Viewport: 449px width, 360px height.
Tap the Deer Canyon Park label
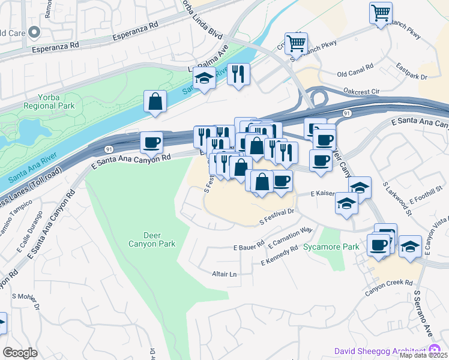(x=152, y=239)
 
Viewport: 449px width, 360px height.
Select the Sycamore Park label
(x=331, y=247)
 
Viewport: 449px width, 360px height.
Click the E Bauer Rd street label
(x=249, y=246)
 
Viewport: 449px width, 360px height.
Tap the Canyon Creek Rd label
(x=389, y=282)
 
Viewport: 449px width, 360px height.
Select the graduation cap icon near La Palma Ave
(x=204, y=79)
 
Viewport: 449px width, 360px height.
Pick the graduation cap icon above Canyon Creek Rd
(x=410, y=247)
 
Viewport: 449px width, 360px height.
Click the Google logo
(x=20, y=352)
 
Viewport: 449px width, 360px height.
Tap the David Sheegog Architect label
(x=381, y=351)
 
